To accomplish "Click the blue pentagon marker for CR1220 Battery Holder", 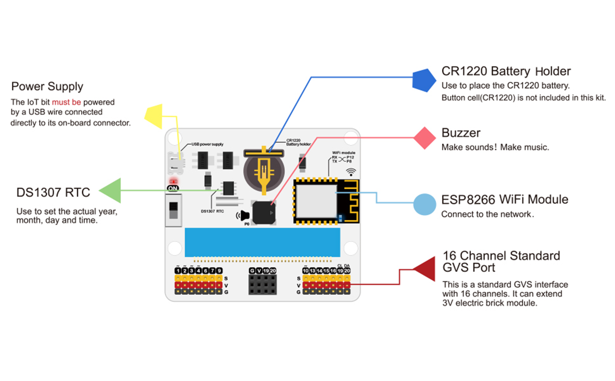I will point(426,80).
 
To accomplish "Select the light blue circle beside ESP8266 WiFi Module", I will point(425,204).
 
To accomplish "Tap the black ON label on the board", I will point(174,188).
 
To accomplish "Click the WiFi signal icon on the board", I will point(351,171).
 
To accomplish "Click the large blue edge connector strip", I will point(263,242).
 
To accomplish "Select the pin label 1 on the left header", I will point(177,271).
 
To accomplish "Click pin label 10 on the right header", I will point(305,271).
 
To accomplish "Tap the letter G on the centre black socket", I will point(252,271).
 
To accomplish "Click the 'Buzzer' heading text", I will point(461,133).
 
